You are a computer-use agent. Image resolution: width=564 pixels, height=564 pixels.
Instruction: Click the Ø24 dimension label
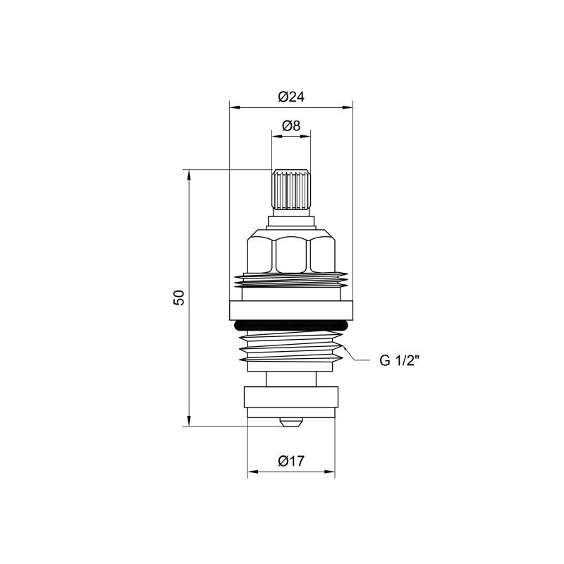(291, 97)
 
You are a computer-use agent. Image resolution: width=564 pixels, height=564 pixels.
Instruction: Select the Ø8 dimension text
(291, 125)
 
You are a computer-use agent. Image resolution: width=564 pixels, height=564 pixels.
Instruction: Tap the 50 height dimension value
(180, 298)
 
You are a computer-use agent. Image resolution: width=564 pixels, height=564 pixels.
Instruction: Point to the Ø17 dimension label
(290, 462)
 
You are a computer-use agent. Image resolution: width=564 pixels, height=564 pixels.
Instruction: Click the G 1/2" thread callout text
(400, 361)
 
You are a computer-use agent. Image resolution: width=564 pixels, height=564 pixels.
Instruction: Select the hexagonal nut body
(291, 254)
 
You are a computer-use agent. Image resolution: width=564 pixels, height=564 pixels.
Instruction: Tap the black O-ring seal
(291, 325)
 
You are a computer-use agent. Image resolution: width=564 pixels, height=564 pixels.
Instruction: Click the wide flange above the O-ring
(291, 309)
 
